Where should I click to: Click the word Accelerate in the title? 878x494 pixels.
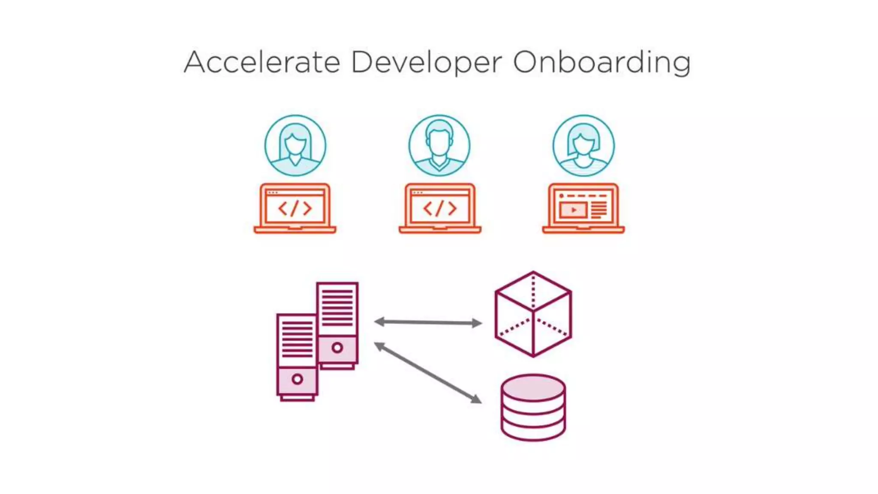click(x=262, y=62)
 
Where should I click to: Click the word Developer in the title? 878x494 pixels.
click(x=426, y=63)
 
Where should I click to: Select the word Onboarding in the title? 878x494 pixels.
click(x=601, y=63)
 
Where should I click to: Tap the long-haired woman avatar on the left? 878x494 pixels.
click(x=295, y=145)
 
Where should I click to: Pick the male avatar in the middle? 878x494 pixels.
click(x=439, y=145)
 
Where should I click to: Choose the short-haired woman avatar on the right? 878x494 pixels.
click(x=583, y=145)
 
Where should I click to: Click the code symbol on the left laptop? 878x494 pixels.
click(x=295, y=208)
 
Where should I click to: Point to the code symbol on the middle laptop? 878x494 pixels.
click(x=440, y=208)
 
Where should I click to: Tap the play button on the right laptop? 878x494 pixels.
click(x=573, y=210)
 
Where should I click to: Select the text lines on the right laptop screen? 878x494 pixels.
click(x=599, y=210)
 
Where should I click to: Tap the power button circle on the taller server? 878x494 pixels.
click(x=337, y=348)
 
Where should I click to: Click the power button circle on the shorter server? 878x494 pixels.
click(x=297, y=379)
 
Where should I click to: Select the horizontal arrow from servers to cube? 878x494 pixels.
click(x=428, y=322)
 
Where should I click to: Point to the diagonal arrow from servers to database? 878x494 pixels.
click(x=428, y=373)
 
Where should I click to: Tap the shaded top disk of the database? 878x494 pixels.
click(x=533, y=387)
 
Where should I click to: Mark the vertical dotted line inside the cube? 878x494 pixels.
click(x=533, y=292)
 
